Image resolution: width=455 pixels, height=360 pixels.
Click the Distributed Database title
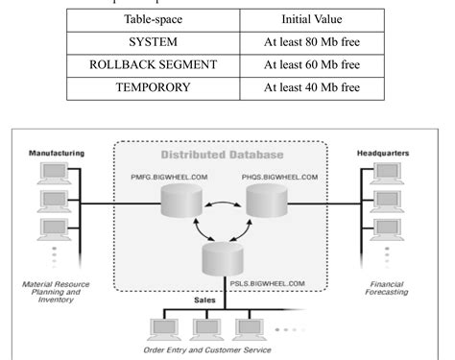[x=227, y=156]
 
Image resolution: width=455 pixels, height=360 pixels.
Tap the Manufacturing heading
[x=57, y=152]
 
